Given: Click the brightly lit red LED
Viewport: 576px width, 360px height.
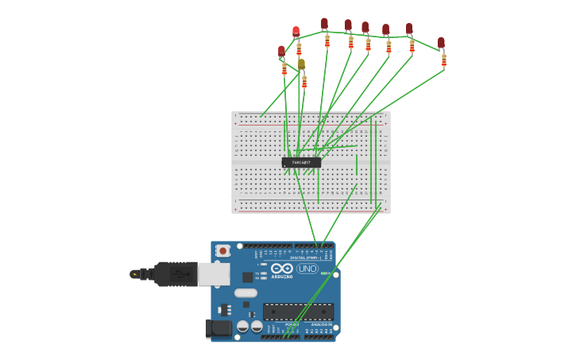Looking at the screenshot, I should [296, 32].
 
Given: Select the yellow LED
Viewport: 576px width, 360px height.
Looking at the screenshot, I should [301, 64].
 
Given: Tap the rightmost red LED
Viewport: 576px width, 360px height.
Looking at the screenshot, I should [441, 42].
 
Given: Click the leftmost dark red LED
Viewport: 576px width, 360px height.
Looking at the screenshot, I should [281, 52].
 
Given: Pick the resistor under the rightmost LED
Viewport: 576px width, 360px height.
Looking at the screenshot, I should [443, 60].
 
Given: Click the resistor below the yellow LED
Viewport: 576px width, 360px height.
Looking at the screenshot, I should [303, 81].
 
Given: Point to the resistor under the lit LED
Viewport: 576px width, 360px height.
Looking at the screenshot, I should [299, 49].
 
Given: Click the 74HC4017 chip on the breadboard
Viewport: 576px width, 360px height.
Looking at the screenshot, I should [301, 162].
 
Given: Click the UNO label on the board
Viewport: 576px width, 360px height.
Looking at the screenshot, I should [307, 269].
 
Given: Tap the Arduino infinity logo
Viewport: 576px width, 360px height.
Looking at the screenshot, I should [282, 269].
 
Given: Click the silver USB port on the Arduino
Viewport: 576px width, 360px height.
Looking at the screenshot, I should [213, 274].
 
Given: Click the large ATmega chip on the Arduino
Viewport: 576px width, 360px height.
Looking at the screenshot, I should [298, 312].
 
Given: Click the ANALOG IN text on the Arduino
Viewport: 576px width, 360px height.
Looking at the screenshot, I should [321, 324].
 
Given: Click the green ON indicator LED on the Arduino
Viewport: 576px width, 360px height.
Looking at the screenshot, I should [326, 295].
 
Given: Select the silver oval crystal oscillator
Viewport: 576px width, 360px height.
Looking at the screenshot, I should [245, 292].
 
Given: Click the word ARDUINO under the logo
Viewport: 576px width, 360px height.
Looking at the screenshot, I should [282, 277].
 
